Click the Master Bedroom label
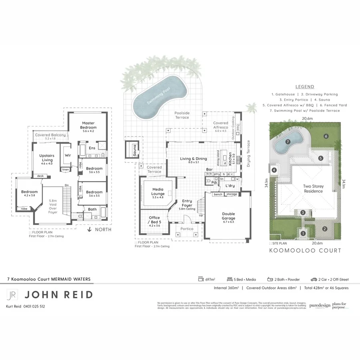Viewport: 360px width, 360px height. [88, 125]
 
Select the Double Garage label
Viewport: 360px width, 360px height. [228, 216]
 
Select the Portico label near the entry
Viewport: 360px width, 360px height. [187, 229]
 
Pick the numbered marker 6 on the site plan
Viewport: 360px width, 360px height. [326, 136]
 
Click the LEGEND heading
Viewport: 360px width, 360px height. [304, 87]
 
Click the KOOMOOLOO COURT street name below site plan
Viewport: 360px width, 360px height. [305, 250]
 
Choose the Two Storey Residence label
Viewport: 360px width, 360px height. [312, 189]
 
